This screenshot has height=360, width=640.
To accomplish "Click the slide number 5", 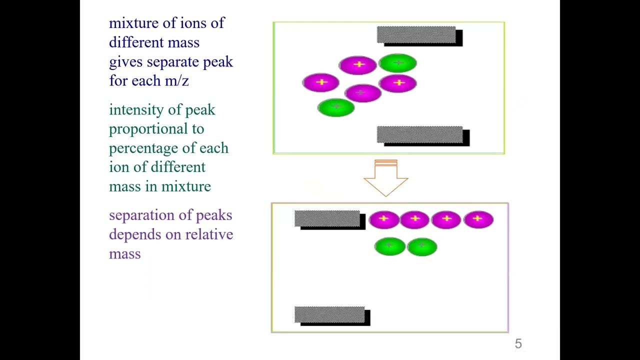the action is tap(518, 343).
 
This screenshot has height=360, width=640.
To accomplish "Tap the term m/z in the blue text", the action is tap(177, 80).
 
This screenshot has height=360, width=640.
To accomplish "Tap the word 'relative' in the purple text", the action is tap(209, 234).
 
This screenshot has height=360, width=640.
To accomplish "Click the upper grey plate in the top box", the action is tap(419, 36).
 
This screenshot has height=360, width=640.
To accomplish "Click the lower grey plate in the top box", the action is tap(423, 136).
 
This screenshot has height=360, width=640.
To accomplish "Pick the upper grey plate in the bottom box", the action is tap(330, 220).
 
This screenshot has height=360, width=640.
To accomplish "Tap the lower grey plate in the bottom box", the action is tap(332, 316).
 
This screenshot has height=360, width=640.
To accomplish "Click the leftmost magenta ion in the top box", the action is tap(321, 82).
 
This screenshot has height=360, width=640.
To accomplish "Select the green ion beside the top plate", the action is tap(397, 63).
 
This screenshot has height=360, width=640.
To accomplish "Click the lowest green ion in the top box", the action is tap(336, 107).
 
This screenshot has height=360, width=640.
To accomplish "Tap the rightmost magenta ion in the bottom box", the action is tap(478, 219).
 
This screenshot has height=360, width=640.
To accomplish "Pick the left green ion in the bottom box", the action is tap(389, 246).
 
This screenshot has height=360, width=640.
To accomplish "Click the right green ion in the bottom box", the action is tap(422, 246).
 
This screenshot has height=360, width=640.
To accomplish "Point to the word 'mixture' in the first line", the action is tap(133, 23).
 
